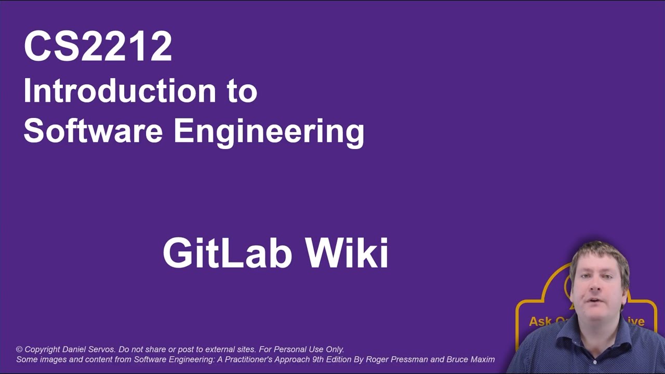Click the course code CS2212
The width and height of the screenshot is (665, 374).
(x=98, y=47)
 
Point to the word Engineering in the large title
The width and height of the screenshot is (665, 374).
(x=269, y=131)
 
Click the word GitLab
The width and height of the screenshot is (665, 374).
(x=227, y=253)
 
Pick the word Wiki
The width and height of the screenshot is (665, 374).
(x=347, y=253)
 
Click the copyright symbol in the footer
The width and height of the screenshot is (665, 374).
(x=19, y=350)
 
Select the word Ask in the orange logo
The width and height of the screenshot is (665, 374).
(x=539, y=322)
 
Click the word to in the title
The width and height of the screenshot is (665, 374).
(x=242, y=91)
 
